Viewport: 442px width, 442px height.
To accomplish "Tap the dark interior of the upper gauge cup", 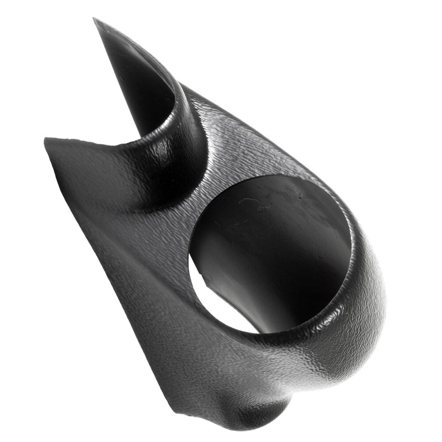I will click(138, 87).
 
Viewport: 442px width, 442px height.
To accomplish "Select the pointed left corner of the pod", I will click(46, 140).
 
